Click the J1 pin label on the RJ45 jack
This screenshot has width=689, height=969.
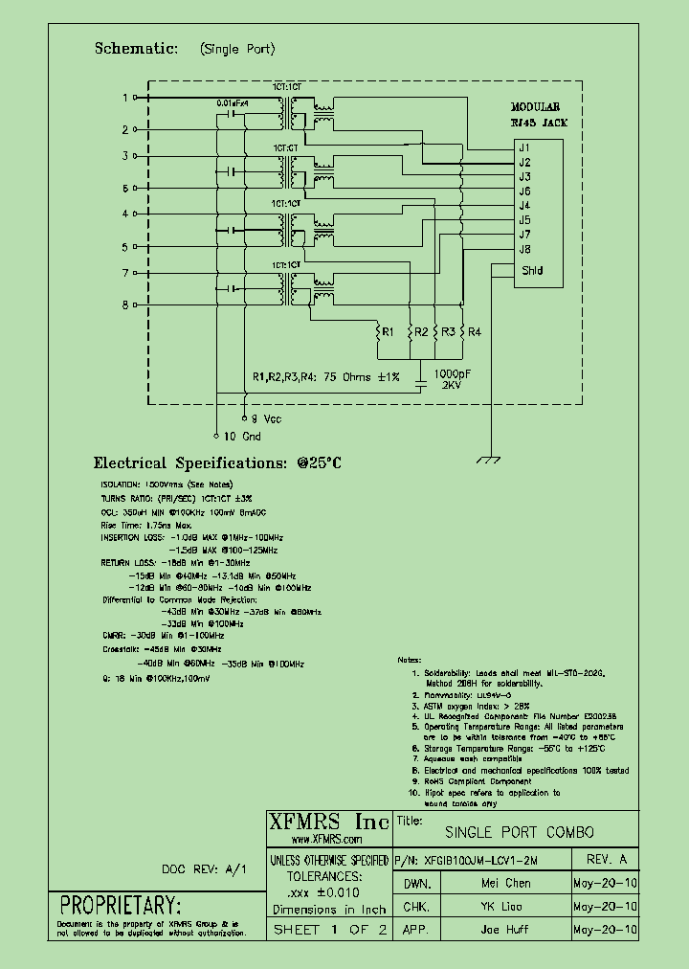(524, 147)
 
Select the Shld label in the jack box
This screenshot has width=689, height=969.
(532, 271)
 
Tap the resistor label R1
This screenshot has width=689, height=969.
(388, 332)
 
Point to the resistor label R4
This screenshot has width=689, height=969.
(475, 332)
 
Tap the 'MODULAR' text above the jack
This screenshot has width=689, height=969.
(535, 108)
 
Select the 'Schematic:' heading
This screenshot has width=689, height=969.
(136, 48)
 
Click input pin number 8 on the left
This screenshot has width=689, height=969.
(124, 305)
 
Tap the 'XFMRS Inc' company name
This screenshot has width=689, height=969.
(328, 823)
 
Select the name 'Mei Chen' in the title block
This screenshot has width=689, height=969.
(505, 884)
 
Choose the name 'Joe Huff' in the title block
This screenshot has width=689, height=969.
(505, 930)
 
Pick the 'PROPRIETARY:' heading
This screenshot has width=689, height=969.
(120, 906)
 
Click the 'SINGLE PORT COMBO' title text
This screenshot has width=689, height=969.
(520, 832)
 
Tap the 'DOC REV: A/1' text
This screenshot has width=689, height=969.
(204, 868)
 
